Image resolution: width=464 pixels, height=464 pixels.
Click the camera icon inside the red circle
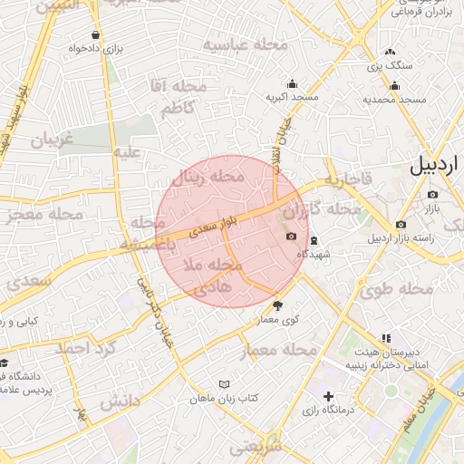(291, 236)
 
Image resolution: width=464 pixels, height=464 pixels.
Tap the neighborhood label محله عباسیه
(245, 44)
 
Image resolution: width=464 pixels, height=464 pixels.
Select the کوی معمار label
(277, 320)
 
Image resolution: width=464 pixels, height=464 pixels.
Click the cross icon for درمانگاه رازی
(328, 396)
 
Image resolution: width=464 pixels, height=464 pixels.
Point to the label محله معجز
(44, 216)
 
